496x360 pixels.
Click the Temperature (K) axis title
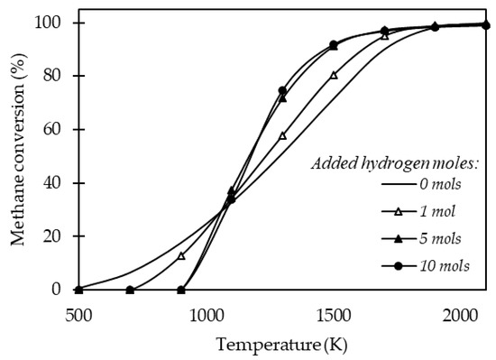[x=281, y=344]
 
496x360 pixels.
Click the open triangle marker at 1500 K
[x=334, y=75]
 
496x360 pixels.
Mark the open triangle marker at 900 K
[x=181, y=255]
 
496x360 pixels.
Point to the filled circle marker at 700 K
[x=130, y=290]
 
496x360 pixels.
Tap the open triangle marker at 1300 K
[x=282, y=135]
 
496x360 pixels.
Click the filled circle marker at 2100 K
[x=486, y=25]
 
